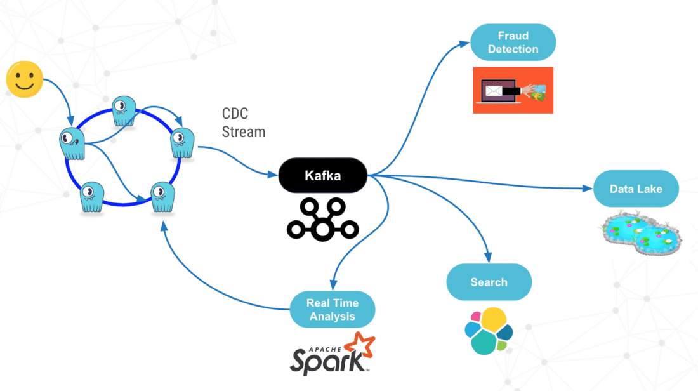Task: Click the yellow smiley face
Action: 25,79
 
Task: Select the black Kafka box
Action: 323,175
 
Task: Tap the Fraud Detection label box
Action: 513,43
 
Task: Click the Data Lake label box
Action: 636,189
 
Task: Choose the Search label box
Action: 489,282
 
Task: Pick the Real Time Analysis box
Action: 332,310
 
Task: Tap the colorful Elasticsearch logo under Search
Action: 488,330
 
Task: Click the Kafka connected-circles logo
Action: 323,219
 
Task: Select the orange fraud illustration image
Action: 513,90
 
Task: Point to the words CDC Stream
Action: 243,123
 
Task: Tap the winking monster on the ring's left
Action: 72,143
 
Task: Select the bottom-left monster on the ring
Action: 93,197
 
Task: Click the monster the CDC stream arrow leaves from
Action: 182,143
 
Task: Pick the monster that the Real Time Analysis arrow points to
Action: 162,197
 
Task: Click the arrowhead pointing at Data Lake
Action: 588,189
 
